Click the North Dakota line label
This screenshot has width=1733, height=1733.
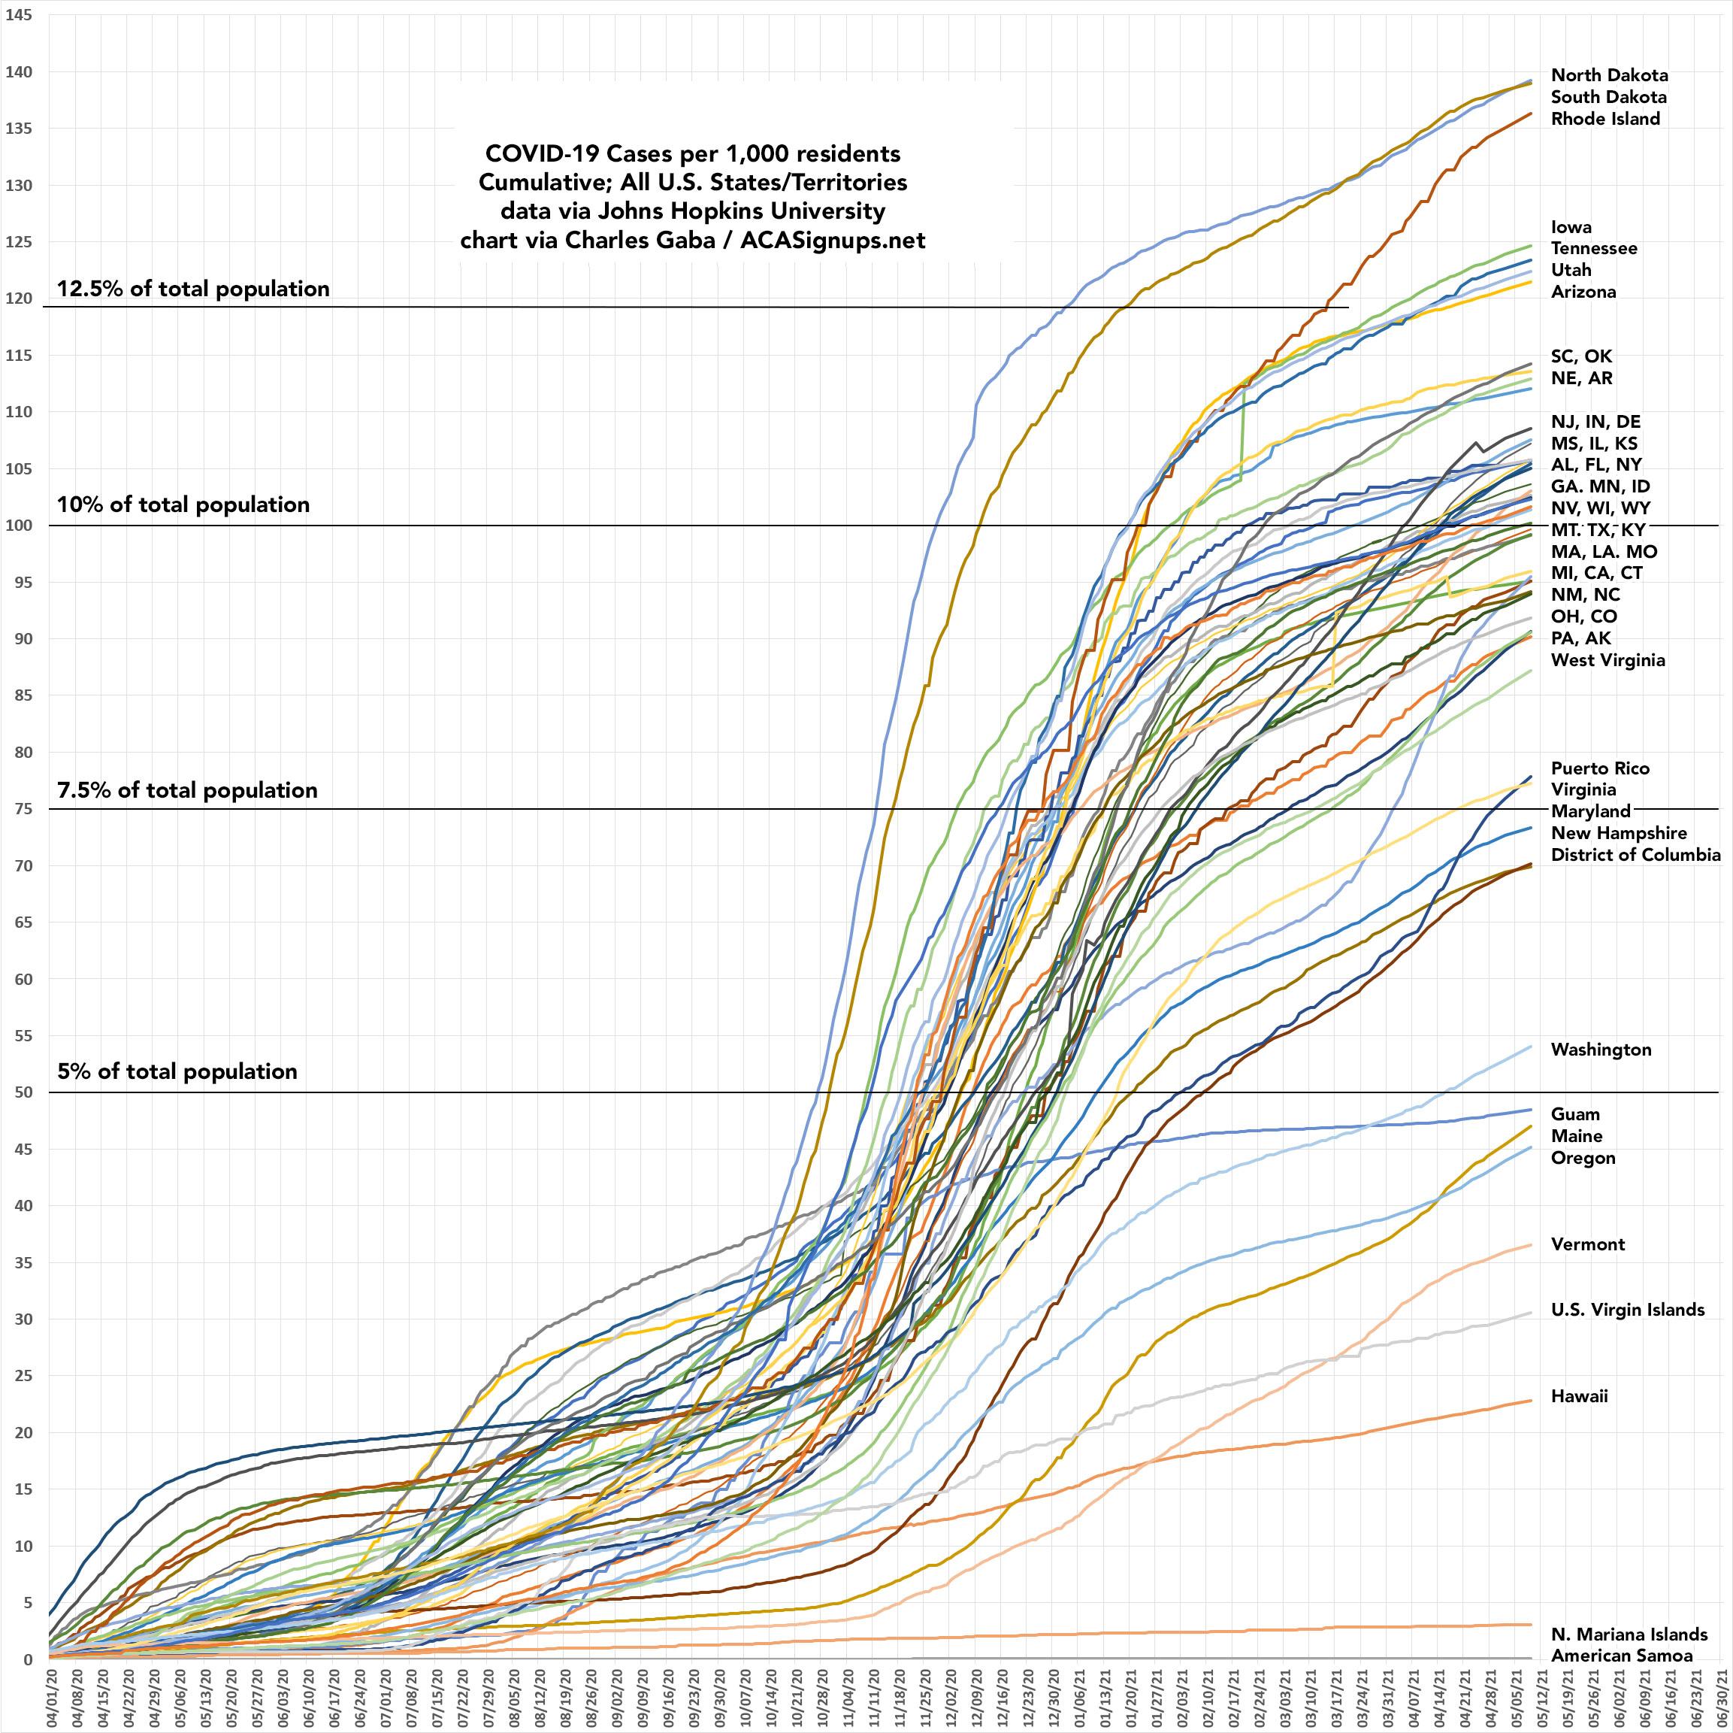click(x=1609, y=75)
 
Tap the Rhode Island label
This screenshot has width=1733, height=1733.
click(x=1604, y=119)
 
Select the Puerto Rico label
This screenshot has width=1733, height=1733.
click(x=1599, y=768)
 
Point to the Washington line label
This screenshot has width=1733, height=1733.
click(x=1600, y=1049)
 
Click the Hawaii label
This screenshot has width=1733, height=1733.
click(x=1579, y=1395)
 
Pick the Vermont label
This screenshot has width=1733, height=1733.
click(x=1588, y=1244)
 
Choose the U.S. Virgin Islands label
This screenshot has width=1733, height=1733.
click(x=1627, y=1310)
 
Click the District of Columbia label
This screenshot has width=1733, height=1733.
click(x=1635, y=854)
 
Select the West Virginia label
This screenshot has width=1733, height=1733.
click(x=1607, y=659)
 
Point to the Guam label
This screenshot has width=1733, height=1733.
click(x=1575, y=1113)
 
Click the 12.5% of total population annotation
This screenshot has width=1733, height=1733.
click(x=193, y=289)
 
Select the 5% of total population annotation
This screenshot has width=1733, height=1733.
click(x=177, y=1071)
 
